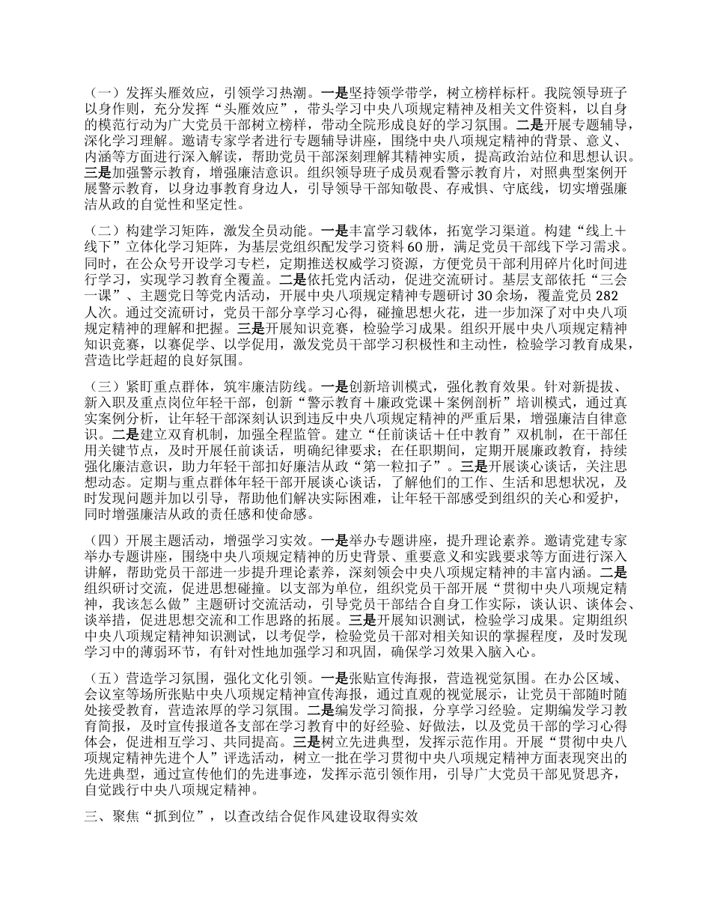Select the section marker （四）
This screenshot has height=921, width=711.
[x=98, y=539]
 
